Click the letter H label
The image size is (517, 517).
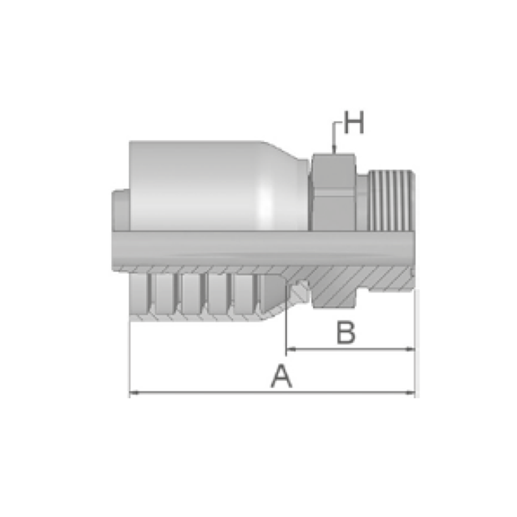[x=354, y=122]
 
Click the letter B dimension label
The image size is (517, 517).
[x=346, y=332]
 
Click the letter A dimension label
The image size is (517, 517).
[x=281, y=376]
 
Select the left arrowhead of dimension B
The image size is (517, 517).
[x=291, y=349]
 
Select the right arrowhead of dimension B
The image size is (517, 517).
[x=410, y=349]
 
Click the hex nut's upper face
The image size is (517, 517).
[x=333, y=172]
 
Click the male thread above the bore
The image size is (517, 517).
[x=391, y=201]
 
